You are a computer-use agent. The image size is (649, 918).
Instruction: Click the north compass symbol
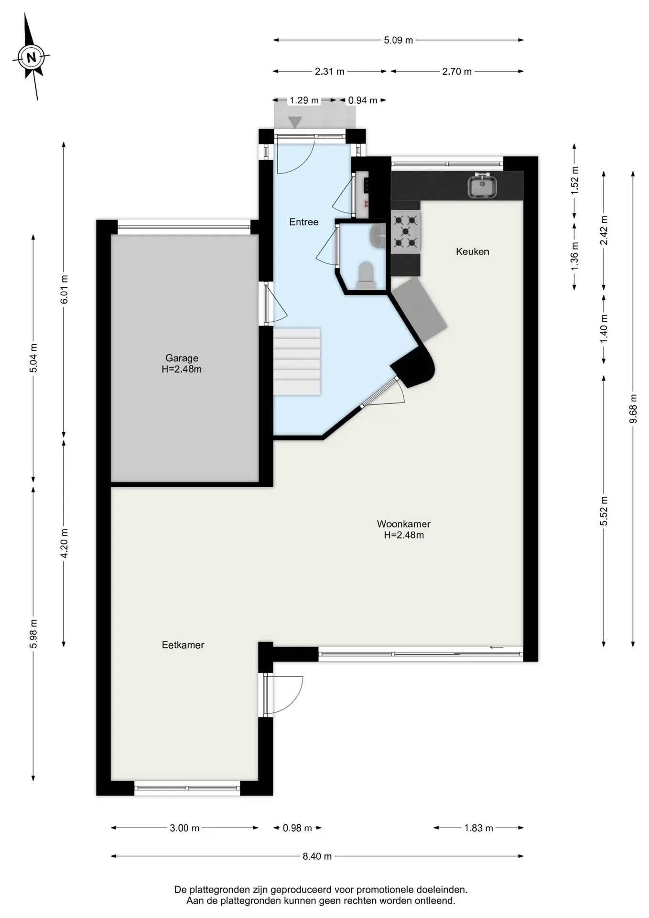[31, 58]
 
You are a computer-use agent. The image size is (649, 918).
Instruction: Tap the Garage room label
[182, 363]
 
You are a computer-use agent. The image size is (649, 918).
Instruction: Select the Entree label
[304, 222]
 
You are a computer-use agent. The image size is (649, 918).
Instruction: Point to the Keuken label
[473, 251]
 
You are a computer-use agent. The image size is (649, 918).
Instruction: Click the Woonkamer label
[404, 529]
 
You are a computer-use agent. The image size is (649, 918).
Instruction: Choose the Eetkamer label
[183, 645]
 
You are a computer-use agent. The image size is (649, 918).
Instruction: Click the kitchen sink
[482, 186]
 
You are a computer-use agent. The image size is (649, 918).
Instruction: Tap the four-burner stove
[406, 231]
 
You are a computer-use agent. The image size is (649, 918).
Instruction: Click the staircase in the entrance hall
[297, 361]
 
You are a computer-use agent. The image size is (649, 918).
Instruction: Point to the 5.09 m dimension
[399, 40]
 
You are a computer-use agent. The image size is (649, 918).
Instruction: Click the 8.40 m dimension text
[317, 856]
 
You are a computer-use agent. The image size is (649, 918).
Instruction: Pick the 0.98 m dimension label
[297, 828]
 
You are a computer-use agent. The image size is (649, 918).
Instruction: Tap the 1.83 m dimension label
[478, 828]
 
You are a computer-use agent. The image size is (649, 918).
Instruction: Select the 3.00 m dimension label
[184, 828]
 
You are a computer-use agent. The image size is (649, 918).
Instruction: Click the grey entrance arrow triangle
[295, 122]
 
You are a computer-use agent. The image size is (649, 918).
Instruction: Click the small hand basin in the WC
[378, 236]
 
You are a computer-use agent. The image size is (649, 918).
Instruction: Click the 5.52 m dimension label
[604, 511]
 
